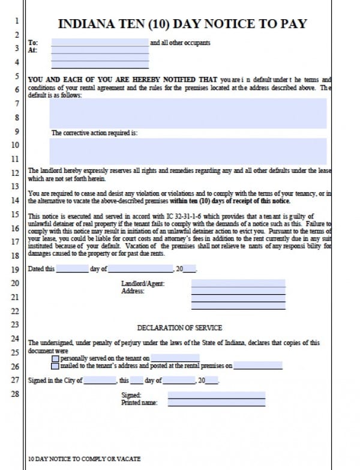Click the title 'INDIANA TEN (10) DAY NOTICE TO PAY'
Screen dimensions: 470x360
pos(182,24)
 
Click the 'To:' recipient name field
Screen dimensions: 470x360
pos(100,43)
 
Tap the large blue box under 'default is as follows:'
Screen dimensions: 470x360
pos(188,113)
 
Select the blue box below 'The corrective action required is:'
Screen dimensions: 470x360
pos(188,151)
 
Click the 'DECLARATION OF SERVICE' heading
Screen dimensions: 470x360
pos(179,328)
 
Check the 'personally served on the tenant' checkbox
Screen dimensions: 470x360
pos(55,358)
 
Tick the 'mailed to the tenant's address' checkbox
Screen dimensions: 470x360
pos(55,366)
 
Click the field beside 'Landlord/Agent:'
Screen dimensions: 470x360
pos(238,283)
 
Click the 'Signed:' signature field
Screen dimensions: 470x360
pos(216,395)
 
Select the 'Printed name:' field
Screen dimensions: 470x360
pos(216,403)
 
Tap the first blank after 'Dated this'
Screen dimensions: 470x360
pos(71,269)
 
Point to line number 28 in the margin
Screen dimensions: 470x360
pos(15,394)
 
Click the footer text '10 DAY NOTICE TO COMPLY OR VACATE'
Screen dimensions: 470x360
pos(84,459)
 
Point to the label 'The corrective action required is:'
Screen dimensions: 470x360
pos(94,133)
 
